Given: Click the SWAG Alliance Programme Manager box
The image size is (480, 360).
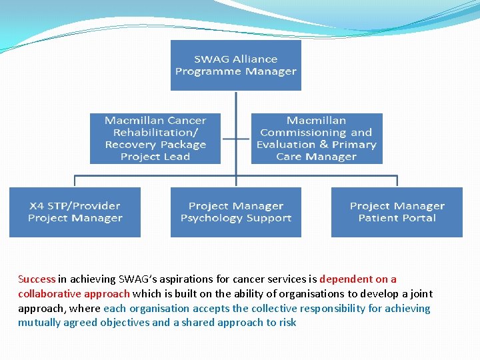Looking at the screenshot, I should point(236,65).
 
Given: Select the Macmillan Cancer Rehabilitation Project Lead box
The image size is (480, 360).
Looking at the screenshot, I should point(155,139).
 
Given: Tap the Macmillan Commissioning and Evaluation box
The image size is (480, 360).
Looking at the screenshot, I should point(317,139).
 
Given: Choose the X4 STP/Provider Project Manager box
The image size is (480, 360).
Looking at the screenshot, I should point(75,212).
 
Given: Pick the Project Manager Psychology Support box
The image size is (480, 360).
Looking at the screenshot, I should point(236,212).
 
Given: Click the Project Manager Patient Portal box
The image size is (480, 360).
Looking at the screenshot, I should point(397,212).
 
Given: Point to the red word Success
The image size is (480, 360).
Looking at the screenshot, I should point(37,279).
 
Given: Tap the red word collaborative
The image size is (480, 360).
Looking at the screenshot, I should point(50,294).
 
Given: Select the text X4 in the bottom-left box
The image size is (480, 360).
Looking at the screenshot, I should point(37,206).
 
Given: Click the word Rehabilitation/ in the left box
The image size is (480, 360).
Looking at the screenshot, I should point(155,133).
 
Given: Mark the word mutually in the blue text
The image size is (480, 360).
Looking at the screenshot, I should point(38,323).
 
